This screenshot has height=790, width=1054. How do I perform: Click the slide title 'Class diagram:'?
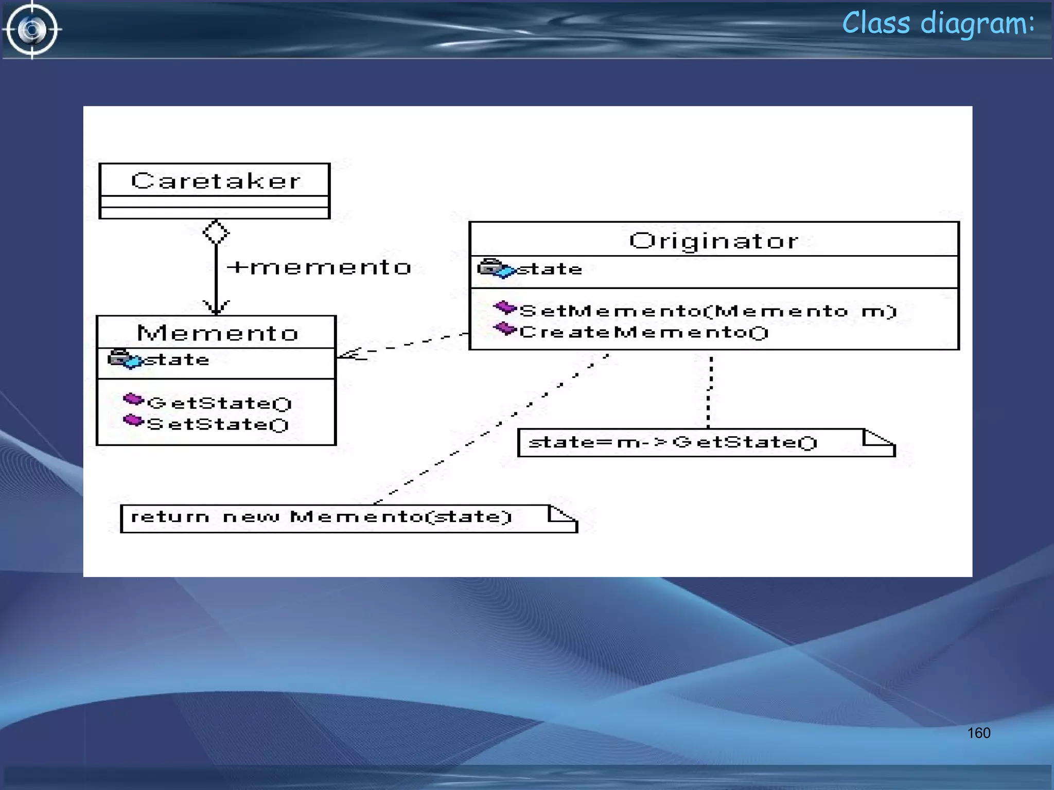coord(938,24)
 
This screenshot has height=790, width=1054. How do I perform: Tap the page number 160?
coord(978,733)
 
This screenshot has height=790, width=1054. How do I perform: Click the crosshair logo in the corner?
coord(32,29)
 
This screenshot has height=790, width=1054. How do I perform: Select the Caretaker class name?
coord(216,181)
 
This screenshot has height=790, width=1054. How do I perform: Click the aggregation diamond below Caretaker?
coord(216,232)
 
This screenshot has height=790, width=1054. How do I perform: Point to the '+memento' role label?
coord(319,267)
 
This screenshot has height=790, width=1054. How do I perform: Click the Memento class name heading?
coord(217,333)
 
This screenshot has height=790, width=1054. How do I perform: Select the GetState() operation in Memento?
coord(219,403)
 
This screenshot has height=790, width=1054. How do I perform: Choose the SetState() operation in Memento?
coord(217,424)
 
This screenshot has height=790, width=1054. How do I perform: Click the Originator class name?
coord(714,241)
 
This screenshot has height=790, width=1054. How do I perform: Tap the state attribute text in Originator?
coord(550,269)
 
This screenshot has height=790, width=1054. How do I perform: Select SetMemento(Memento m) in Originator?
coord(708,311)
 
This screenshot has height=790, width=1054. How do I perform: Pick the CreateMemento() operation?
coord(643,332)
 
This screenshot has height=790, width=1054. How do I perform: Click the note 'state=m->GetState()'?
coord(672,442)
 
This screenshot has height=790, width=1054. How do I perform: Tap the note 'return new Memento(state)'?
coord(322,517)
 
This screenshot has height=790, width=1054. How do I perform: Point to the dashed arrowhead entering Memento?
coord(350,354)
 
